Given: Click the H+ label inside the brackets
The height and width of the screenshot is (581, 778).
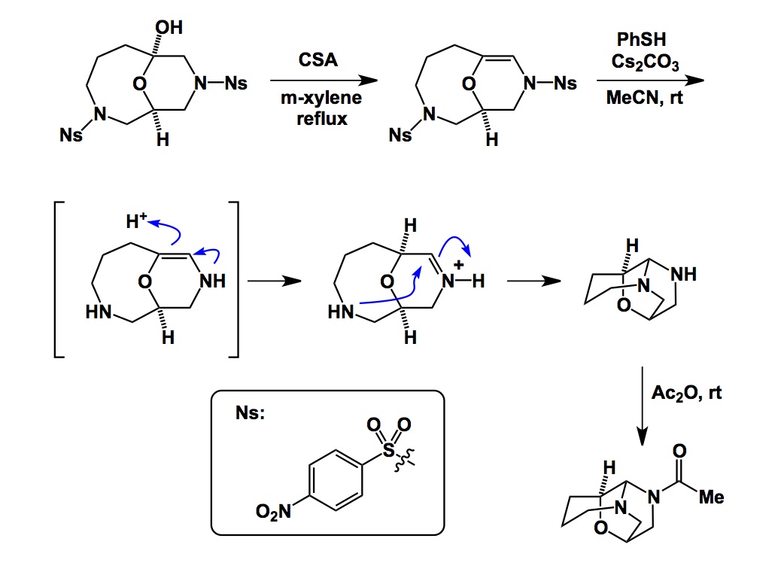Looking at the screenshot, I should click(x=135, y=220).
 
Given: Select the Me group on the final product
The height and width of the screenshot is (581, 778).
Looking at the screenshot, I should click(x=710, y=497).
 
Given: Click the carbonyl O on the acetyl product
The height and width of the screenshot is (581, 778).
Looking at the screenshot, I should click(x=679, y=451).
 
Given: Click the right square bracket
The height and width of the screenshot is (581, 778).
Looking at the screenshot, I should click(x=234, y=278).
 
